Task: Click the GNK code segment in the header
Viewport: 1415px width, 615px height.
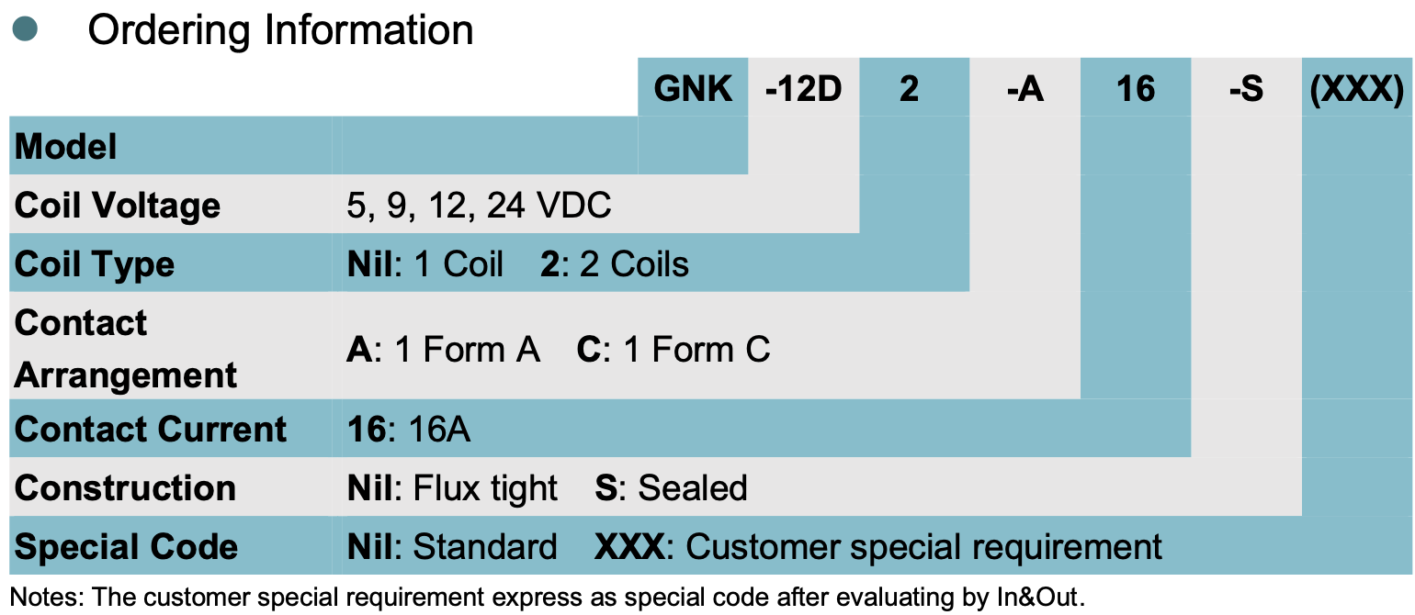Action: tap(693, 89)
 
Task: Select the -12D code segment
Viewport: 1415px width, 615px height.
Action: tap(803, 89)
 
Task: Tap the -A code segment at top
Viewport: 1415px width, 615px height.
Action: tap(1024, 89)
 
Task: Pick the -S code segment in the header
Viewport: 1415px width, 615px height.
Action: tap(1246, 89)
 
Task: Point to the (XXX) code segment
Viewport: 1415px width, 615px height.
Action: tap(1357, 89)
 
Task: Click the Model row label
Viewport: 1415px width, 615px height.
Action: tap(66, 147)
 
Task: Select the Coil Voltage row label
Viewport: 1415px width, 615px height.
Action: tap(118, 206)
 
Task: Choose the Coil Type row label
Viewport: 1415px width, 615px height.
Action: tap(95, 264)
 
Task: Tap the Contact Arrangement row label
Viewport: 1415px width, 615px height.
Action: tap(126, 349)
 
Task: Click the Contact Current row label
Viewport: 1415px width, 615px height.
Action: tap(152, 430)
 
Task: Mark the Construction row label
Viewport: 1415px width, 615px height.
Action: tap(126, 488)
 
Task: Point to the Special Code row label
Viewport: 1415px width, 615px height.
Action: tap(127, 547)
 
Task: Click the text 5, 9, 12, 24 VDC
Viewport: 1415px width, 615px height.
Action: tap(479, 206)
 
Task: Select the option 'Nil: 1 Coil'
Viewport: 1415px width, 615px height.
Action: tap(425, 264)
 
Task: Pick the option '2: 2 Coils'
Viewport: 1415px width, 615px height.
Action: tap(615, 264)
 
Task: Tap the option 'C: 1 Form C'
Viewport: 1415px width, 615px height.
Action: tap(674, 350)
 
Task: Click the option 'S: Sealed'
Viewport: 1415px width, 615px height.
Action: tap(671, 488)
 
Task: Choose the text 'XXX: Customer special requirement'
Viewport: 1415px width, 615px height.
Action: tap(878, 547)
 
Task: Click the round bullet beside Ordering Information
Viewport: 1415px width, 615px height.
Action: tap(25, 29)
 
